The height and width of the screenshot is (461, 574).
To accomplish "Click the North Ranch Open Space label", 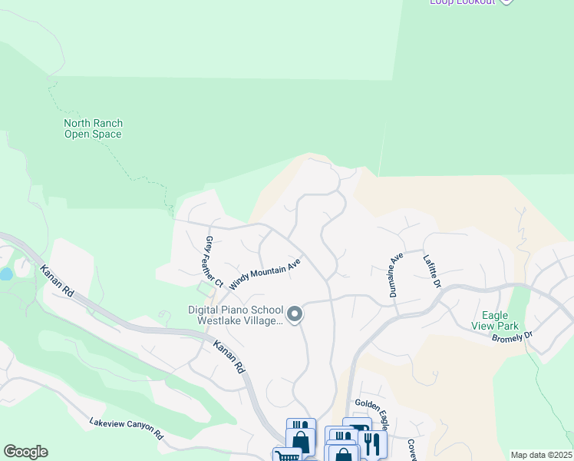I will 93,129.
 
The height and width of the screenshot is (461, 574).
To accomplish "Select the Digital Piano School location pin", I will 294,314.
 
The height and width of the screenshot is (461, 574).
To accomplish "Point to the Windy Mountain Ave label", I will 265,273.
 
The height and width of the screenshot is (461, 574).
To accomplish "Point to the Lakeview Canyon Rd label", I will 127,428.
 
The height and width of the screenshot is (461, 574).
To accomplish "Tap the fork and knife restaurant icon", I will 371,444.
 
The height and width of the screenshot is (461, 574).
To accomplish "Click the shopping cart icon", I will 286,456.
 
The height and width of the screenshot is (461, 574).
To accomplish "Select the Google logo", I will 25,451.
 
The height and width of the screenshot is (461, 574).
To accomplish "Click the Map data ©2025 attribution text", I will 540,455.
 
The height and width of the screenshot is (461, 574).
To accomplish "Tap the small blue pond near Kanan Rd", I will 6,274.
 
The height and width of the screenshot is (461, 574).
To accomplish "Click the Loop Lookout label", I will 462,2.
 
